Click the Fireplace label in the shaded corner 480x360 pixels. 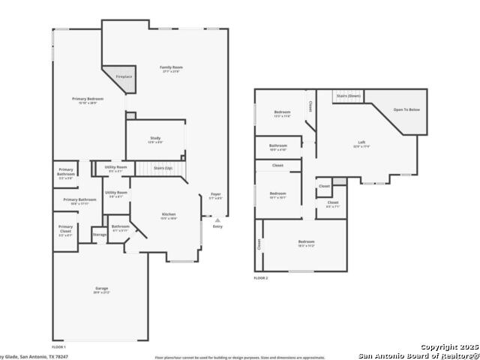tap(124, 77)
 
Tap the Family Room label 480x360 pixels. tap(171, 68)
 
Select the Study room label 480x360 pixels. tap(155, 139)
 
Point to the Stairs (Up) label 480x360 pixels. tap(163, 168)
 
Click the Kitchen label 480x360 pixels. tap(169, 215)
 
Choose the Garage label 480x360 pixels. tap(100, 289)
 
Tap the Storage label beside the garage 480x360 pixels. tap(100, 235)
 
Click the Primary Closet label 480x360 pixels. tap(65, 228)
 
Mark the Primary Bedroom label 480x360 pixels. tap(88, 100)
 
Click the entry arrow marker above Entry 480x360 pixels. tap(217, 221)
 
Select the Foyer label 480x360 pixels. tap(215, 194)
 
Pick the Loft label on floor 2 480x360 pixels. tap(361, 143)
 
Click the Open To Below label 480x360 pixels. tap(406, 109)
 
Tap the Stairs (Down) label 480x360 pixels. tap(348, 96)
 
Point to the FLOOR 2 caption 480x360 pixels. tap(260, 278)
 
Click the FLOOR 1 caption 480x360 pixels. tap(58, 348)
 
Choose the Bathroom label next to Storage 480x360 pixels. tap(120, 226)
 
